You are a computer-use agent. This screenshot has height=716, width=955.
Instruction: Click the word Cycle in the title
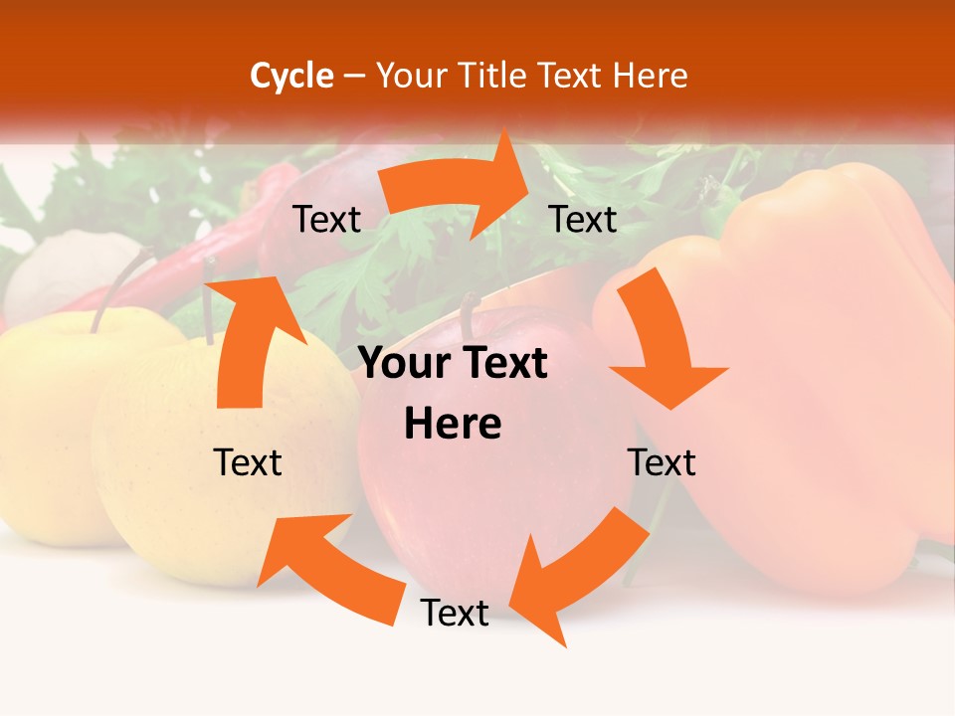tap(291, 76)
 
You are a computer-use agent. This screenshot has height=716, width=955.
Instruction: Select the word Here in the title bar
tap(651, 76)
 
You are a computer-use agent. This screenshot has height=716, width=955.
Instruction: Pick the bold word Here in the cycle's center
tap(453, 425)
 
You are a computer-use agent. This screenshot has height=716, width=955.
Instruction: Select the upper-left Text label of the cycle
tap(326, 220)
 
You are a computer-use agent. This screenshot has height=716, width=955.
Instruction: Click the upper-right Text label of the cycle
tap(583, 220)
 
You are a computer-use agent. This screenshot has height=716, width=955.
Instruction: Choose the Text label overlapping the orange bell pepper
tap(662, 463)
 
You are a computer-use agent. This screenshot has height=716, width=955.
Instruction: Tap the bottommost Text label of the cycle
tap(455, 614)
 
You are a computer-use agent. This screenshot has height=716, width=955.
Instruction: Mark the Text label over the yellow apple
tap(248, 463)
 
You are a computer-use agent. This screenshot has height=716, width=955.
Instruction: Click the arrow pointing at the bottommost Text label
tap(577, 572)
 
